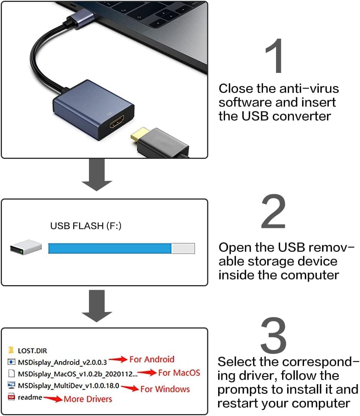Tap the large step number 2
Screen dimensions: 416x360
click(x=274, y=212)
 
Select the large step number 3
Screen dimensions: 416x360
click(x=274, y=336)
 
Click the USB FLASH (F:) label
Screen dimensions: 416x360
click(x=86, y=226)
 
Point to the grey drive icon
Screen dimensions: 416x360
click(x=26, y=247)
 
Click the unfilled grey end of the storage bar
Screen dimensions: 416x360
click(x=183, y=248)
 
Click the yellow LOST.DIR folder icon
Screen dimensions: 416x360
click(x=11, y=350)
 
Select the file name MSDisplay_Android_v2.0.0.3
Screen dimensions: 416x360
click(x=62, y=362)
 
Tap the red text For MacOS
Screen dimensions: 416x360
click(x=179, y=373)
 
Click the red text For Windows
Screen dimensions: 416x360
click(x=165, y=389)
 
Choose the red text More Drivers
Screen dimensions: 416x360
click(x=88, y=399)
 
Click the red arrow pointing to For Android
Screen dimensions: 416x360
click(x=118, y=360)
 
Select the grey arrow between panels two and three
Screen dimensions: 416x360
click(x=97, y=306)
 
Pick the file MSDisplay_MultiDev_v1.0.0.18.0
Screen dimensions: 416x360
click(x=69, y=386)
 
